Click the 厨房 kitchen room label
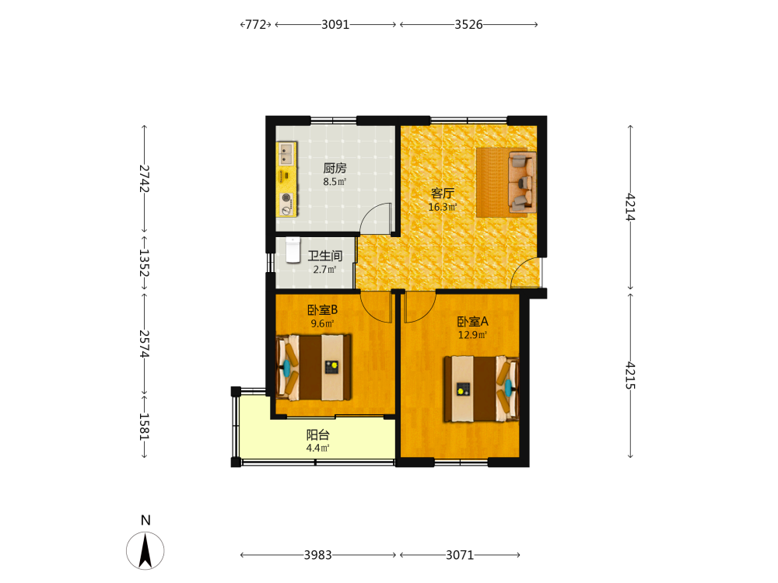[x=335, y=168]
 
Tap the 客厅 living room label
[x=443, y=193]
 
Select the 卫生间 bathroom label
[x=325, y=256]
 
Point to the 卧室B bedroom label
[x=323, y=310]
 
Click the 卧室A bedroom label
[x=472, y=321]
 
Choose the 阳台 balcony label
[x=318, y=435]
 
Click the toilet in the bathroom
[x=293, y=250]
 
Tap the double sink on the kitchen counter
[x=286, y=153]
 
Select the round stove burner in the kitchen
[x=286, y=198]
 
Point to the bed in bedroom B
[x=314, y=368]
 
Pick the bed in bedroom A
[x=482, y=389]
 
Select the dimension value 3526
[x=468, y=24]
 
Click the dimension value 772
[x=255, y=24]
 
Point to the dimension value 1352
[x=144, y=262]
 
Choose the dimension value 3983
[x=317, y=555]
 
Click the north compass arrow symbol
[x=145, y=550]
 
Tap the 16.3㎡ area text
[x=443, y=207]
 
